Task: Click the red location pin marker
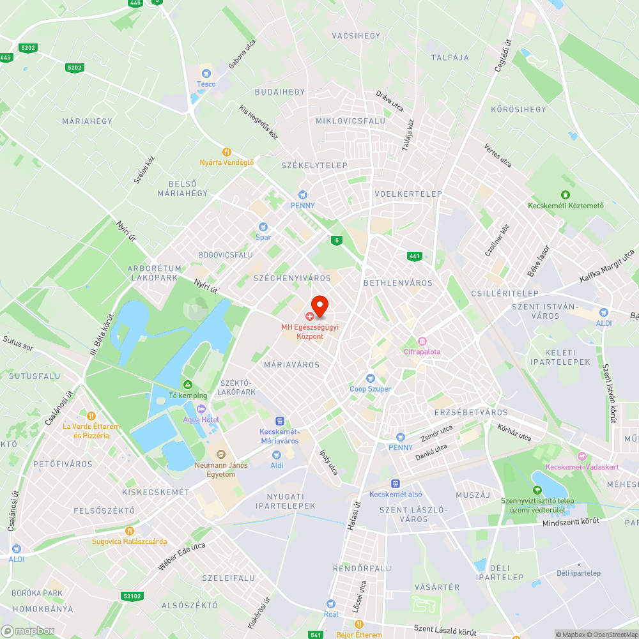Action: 319,305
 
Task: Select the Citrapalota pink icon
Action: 422,341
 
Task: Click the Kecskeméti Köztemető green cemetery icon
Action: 565,195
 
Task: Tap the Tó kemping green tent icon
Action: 188,385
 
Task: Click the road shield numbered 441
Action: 415,256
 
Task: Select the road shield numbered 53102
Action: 132,596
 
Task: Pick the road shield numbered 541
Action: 315,635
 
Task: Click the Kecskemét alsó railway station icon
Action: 396,484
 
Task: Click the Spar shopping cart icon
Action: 263,227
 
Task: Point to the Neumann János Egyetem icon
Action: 220,454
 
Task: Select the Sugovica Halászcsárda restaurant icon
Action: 129,530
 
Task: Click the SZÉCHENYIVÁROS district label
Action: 292,278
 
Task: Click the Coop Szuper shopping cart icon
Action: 370,378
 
